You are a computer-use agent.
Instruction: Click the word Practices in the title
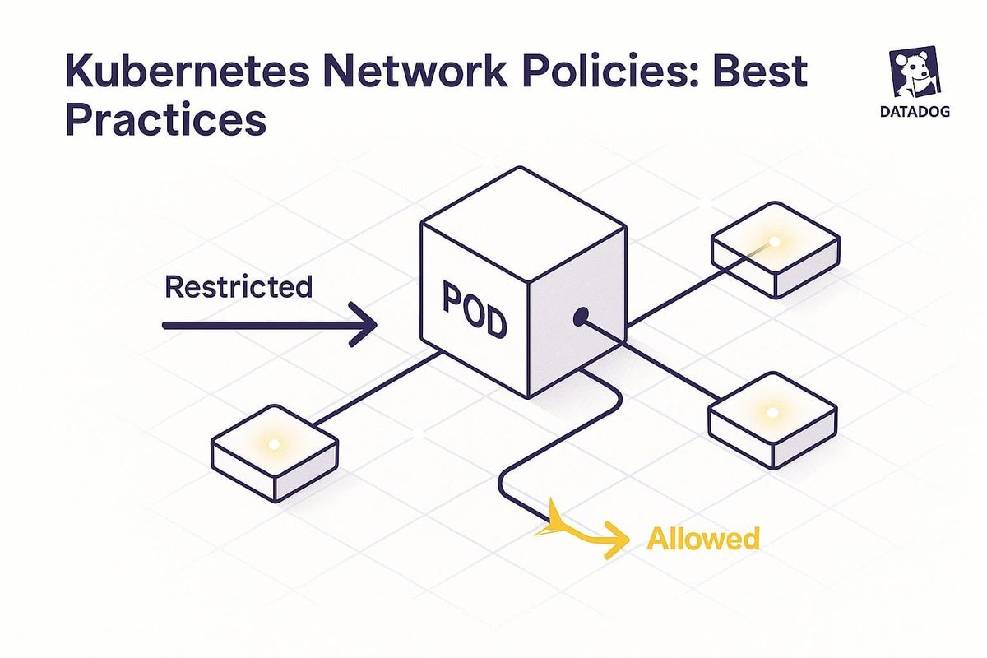click(165, 120)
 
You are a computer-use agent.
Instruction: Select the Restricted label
click(239, 287)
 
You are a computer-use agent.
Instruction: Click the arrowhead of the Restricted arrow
click(362, 326)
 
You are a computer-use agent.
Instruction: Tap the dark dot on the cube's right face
click(581, 315)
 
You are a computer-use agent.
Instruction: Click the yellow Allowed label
click(702, 539)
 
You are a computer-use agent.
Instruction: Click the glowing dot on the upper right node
click(773, 242)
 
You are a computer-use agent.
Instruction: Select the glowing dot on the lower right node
click(771, 410)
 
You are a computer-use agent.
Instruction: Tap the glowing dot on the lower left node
click(275, 444)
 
